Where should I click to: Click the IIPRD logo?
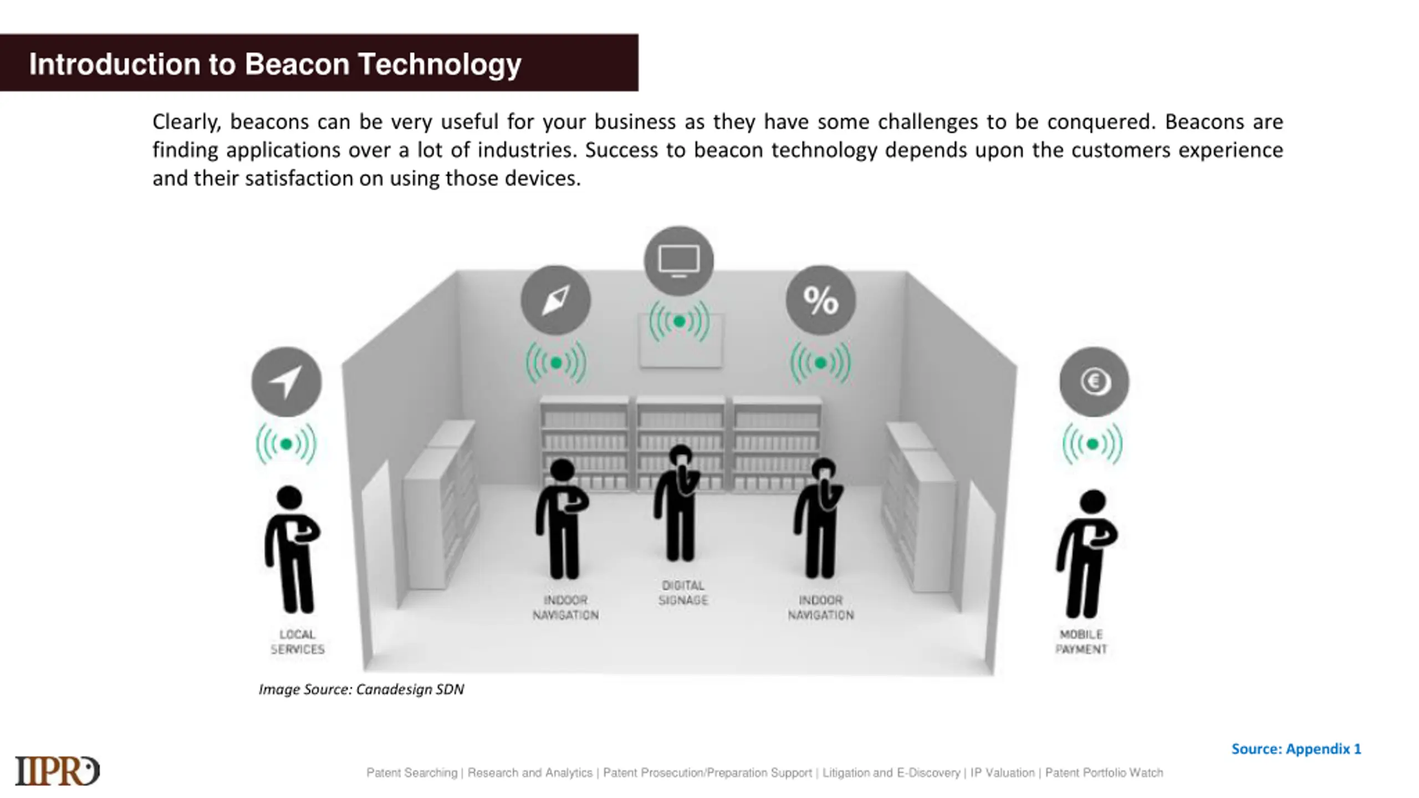coord(58,771)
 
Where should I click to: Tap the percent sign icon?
coord(820,300)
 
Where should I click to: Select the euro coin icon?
coord(1094,382)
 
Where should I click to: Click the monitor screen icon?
coord(679,260)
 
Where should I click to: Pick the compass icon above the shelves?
coord(555,300)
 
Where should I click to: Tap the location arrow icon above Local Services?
coord(287,382)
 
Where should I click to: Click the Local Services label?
coord(298,642)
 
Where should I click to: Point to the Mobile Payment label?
coord(1081,642)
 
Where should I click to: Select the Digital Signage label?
coord(683,593)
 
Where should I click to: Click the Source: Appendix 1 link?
coord(1296,749)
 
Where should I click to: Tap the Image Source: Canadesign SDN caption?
coord(361,689)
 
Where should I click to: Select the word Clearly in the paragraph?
coord(187,122)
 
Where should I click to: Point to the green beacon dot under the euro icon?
coord(1093,444)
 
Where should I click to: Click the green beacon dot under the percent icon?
coord(820,363)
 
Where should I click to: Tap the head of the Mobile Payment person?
coord(1093,502)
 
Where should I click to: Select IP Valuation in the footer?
coord(1002,773)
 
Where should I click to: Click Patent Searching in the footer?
coord(412,773)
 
